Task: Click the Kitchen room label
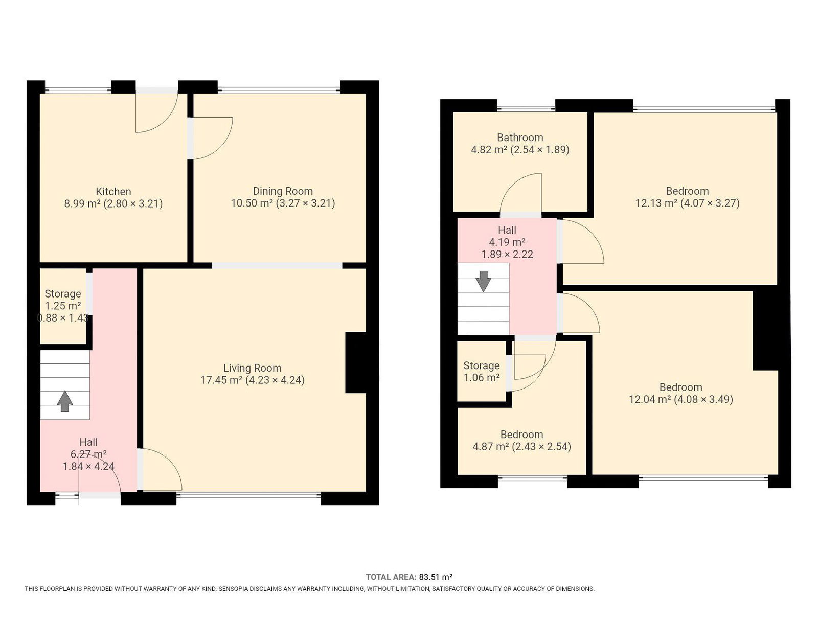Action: (x=113, y=192)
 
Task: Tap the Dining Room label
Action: (x=283, y=192)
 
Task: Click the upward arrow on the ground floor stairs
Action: (x=65, y=401)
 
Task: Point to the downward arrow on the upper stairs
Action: (x=484, y=282)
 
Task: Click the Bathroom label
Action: (x=520, y=138)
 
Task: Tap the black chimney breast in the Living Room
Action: (x=356, y=362)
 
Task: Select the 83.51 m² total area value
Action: (x=435, y=577)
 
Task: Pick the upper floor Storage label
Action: (x=482, y=365)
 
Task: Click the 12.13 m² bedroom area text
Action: (x=655, y=203)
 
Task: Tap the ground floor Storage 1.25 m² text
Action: (x=63, y=306)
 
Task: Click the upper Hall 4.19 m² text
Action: (x=507, y=242)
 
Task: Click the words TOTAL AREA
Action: (x=391, y=577)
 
